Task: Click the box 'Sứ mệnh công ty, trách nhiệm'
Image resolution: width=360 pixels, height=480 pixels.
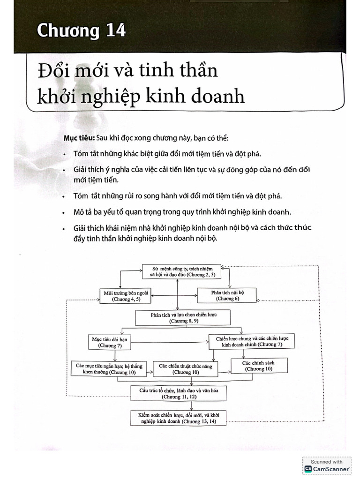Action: [183, 271]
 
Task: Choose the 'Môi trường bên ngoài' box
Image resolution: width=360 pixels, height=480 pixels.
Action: [122, 295]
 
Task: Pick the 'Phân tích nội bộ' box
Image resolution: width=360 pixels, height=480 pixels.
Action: [228, 295]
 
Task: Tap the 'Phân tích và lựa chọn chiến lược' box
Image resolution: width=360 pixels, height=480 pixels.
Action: [184, 318]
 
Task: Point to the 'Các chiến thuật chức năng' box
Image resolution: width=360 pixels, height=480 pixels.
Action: [186, 369]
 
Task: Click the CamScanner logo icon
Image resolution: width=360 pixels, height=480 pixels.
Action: [308, 469]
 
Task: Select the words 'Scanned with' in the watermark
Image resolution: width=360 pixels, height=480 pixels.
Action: [327, 462]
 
